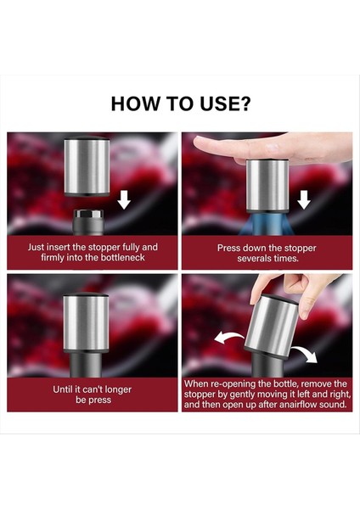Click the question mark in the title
coord(245,103)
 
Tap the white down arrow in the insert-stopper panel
coord(124,199)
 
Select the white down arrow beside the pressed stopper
coord(303,199)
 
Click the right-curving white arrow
coord(305,354)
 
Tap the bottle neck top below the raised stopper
coord(88,222)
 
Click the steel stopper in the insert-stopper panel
coord(87,166)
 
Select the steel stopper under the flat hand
coord(267,185)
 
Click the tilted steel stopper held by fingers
coord(271,325)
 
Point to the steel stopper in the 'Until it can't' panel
coord(86,323)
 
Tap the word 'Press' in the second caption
coord(228,248)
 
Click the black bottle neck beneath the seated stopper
coord(86,365)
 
